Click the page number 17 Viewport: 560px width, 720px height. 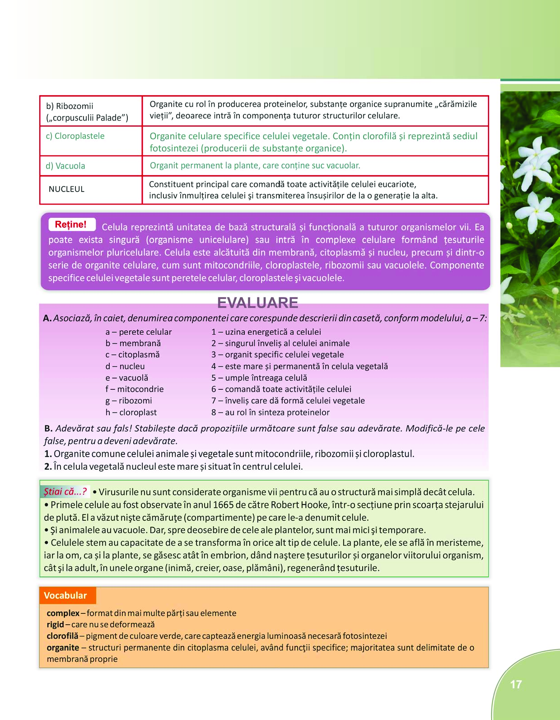click(516, 685)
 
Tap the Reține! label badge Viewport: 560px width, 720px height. click(71, 224)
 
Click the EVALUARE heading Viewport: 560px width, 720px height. click(257, 302)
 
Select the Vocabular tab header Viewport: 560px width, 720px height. click(66, 595)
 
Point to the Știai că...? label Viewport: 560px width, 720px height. click(65, 492)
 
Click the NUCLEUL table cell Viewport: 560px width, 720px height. click(66, 189)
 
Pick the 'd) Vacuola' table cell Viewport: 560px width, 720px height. click(65, 166)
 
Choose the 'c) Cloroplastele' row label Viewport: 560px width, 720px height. click(75, 136)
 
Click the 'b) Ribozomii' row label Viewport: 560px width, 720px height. click(70, 106)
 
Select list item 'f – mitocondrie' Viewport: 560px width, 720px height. click(135, 389)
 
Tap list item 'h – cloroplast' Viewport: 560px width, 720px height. click(131, 412)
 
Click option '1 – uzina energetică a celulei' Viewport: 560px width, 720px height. click(266, 332)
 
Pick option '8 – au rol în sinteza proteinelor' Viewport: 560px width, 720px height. click(270, 412)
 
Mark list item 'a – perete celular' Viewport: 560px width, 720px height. click(139, 332)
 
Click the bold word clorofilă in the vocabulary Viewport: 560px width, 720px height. click(62, 636)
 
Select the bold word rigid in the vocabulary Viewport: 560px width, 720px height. click(55, 625)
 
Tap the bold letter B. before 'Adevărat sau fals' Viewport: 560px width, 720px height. click(48, 428)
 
